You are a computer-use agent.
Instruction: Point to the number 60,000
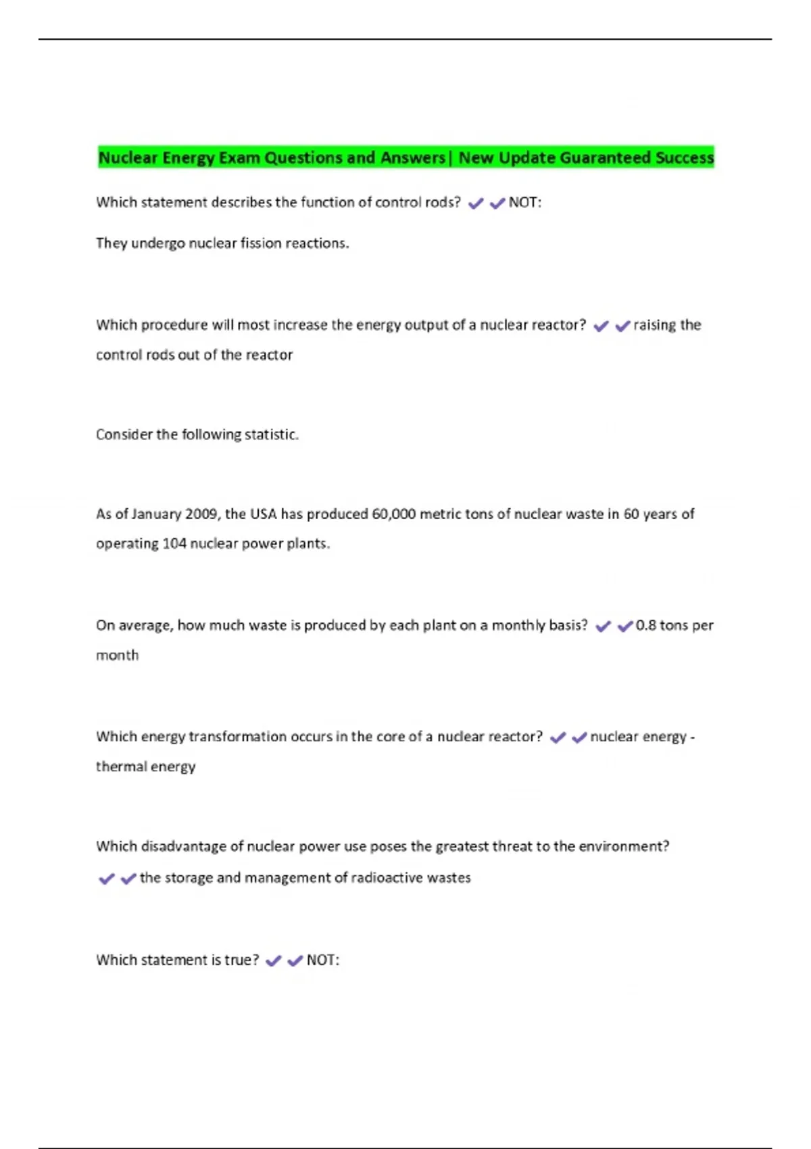394,514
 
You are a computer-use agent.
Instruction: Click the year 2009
201,514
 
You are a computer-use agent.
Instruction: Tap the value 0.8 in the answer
645,625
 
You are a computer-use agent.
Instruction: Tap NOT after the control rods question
524,202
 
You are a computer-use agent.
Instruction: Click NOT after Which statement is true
322,960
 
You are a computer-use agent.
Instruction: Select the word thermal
122,766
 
